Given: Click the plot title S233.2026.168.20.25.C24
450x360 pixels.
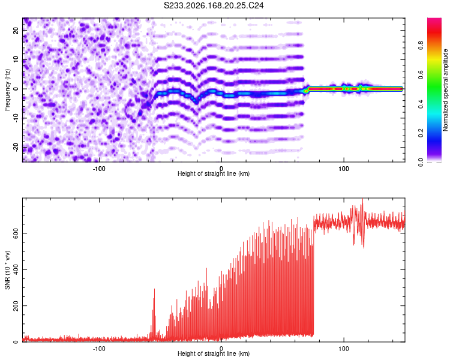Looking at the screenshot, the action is [x=214, y=5].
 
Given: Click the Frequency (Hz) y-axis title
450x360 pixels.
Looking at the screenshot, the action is [x=7, y=90].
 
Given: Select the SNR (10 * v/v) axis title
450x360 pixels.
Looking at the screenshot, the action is [x=7, y=270].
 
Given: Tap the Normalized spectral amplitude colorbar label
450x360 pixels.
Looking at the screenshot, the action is [x=445, y=90].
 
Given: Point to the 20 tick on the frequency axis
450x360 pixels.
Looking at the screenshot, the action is [x=16, y=31].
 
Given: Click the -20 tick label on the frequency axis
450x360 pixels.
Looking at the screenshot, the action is [x=16, y=147].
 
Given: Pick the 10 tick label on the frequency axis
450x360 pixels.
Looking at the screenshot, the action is [x=16, y=60].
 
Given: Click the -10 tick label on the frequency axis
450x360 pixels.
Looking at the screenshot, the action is [x=16, y=118].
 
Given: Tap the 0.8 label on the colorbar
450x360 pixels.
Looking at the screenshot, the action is [x=421, y=46].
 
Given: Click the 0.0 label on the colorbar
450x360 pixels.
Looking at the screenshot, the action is [x=421, y=163].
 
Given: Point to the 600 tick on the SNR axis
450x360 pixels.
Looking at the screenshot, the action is [x=16, y=233].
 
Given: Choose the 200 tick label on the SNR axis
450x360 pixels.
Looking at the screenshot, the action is [x=16, y=306].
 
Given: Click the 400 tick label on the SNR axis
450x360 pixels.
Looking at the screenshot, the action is [x=16, y=269].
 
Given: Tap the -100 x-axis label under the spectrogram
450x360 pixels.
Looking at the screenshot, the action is [x=99, y=169].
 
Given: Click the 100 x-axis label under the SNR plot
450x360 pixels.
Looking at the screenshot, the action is [x=344, y=349].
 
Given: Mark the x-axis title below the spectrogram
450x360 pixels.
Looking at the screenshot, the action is [x=214, y=173].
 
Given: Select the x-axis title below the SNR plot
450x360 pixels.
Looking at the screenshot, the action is [x=214, y=353].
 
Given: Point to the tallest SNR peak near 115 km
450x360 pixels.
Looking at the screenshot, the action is [x=363, y=199].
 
